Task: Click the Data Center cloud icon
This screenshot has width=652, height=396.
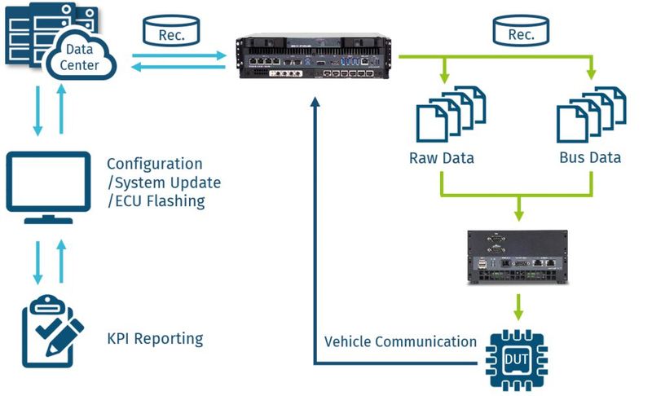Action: tap(79, 57)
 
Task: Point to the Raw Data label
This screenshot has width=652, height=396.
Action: tap(441, 157)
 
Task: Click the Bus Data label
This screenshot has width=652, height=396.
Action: tap(590, 157)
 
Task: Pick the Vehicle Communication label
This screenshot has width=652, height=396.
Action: tap(400, 341)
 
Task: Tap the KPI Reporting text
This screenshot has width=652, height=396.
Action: tap(155, 337)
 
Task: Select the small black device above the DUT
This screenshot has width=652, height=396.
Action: tap(517, 257)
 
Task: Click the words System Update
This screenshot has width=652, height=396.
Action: tap(167, 183)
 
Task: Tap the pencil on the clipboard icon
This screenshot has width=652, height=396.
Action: tap(67, 341)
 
